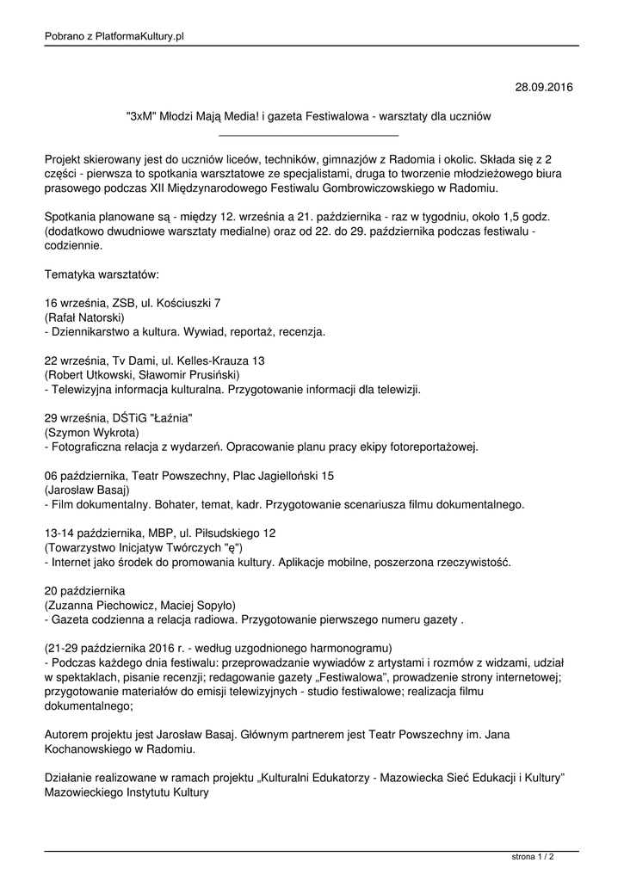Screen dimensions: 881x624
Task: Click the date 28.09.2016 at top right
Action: pos(543,88)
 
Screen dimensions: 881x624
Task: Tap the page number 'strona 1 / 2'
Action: pos(533,857)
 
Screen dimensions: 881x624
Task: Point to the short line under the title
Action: pos(309,135)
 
